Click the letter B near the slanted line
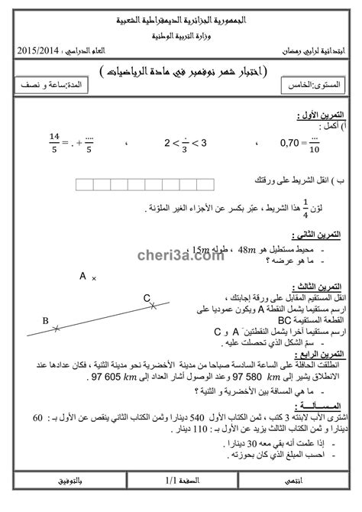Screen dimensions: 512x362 tap(45, 321)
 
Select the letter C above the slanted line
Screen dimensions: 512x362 tap(147, 298)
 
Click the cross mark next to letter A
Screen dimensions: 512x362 tap(94, 280)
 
